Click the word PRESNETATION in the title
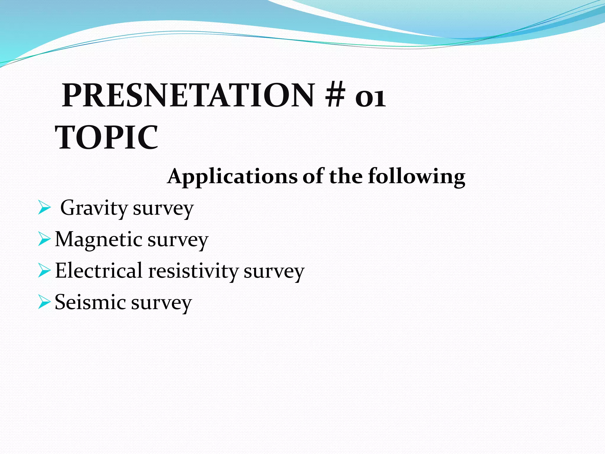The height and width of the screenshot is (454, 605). [x=188, y=95]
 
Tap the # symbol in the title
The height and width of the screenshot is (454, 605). [x=335, y=95]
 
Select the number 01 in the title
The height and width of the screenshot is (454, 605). [x=370, y=98]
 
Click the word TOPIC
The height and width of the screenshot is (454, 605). [x=107, y=137]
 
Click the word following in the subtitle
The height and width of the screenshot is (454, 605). [x=417, y=177]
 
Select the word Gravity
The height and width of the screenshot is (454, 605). [x=94, y=208]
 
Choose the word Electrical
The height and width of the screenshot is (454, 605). [x=99, y=271]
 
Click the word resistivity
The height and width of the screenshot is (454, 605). [x=193, y=271]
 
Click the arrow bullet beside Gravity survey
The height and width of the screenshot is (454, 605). [x=44, y=208]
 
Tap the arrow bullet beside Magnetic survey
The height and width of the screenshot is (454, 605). [x=44, y=239]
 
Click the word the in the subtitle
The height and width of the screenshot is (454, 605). [x=346, y=177]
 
